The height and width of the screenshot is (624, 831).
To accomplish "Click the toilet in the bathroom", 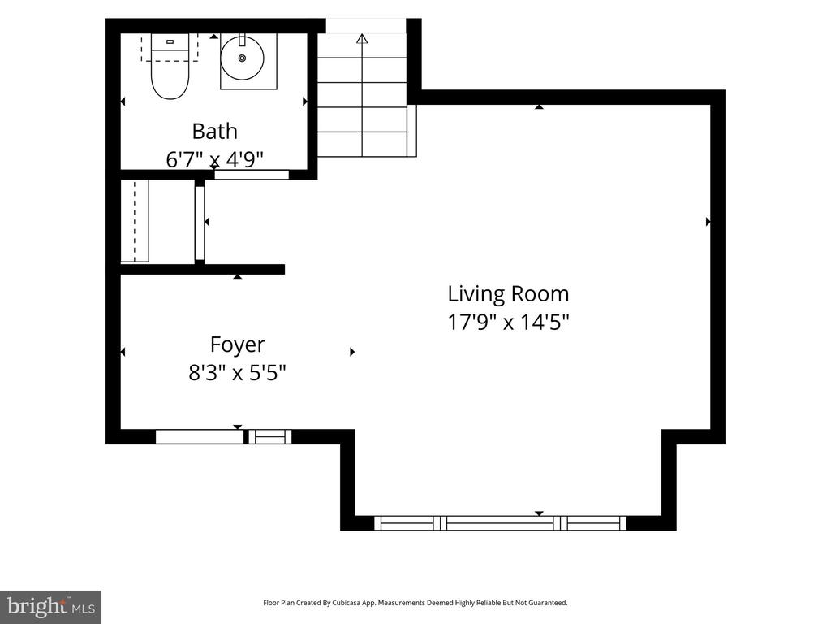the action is coord(170,67).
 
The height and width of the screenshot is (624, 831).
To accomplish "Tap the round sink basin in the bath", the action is coord(242,58).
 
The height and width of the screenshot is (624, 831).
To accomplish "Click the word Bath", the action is coord(214,131).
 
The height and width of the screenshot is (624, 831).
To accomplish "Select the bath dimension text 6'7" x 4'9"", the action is coord(214,159).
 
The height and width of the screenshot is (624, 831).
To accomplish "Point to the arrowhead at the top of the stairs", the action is coord(362,38).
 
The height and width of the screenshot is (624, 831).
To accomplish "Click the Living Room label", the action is coord(508,293).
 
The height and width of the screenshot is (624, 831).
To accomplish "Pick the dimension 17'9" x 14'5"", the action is coord(508,322).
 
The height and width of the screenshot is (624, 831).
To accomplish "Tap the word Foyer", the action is coord(238,344).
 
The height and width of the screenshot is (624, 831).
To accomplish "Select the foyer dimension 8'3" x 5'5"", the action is coord(238,372).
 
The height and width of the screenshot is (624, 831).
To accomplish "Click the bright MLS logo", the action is coord(51,607).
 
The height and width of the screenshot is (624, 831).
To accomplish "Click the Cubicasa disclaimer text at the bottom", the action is coord(415,603).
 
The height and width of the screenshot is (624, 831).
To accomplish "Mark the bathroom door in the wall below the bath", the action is coord(252,175).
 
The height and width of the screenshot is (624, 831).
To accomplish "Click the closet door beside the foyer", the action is coord(200,223).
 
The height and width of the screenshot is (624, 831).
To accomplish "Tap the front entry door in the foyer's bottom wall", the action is coord(200,436).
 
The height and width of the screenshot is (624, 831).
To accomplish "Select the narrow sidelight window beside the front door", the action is coord(270,436).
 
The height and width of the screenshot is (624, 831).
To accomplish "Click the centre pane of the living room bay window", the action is coord(500,523).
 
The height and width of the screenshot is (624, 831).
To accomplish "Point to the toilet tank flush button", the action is coord(170,41).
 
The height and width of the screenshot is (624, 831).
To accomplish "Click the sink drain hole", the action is coord(242,58).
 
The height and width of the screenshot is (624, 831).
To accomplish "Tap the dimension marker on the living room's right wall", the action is coord(708,222).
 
